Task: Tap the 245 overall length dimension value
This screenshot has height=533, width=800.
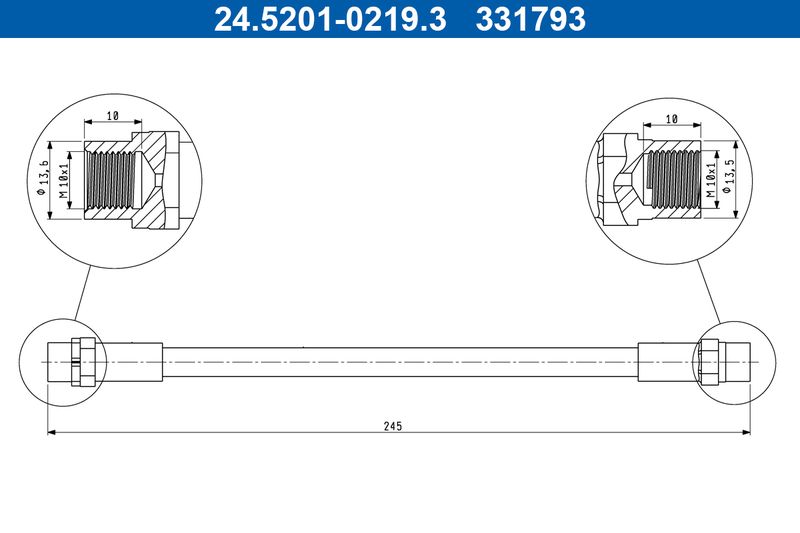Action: point(392,425)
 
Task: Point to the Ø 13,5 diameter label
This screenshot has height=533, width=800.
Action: point(731,176)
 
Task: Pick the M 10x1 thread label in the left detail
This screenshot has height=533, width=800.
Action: point(63,177)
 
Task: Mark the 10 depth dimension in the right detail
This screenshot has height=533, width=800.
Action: point(671,118)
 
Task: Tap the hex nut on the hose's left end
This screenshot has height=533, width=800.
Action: point(84,361)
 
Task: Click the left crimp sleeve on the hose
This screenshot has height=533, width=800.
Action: point(131,361)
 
